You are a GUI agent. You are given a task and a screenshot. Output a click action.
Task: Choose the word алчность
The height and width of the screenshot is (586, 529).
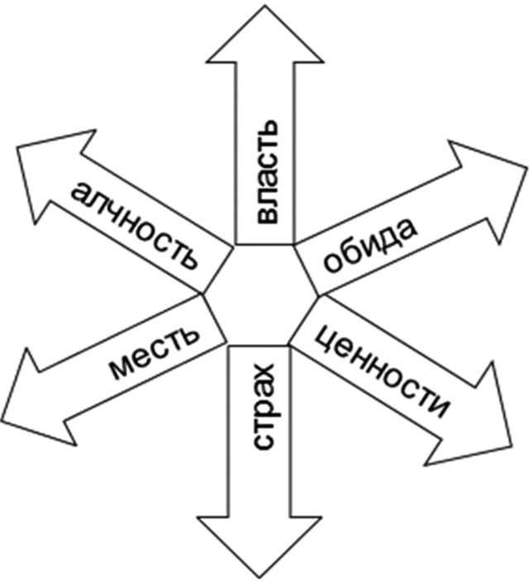click(135, 224)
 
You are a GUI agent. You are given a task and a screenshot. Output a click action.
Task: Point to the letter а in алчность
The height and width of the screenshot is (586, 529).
click(82, 193)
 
